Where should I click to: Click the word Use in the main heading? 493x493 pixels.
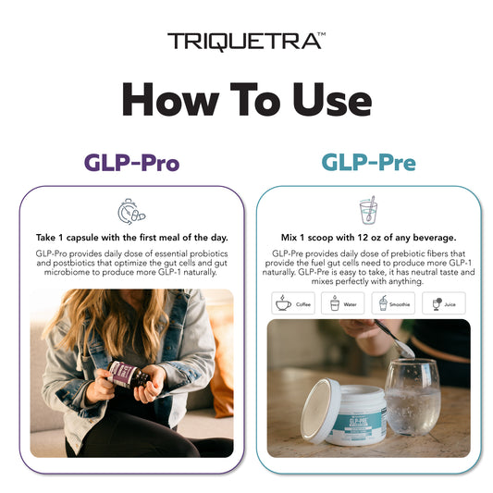(x=332, y=99)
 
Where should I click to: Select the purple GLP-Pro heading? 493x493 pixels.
(x=131, y=163)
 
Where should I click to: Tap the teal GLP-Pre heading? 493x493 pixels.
(x=368, y=162)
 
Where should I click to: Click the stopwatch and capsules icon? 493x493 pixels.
(x=131, y=211)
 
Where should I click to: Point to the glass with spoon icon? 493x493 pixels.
(x=368, y=210)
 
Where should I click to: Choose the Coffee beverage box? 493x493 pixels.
(x=293, y=303)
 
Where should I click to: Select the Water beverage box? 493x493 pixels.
(x=343, y=303)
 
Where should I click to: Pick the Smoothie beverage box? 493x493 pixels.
(x=393, y=303)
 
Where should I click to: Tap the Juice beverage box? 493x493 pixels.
(x=444, y=303)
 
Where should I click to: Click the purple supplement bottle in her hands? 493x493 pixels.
(x=129, y=376)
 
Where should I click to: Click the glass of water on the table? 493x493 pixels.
(x=413, y=397)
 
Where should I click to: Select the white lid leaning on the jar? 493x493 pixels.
(x=320, y=411)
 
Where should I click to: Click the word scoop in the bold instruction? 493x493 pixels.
(x=320, y=238)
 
